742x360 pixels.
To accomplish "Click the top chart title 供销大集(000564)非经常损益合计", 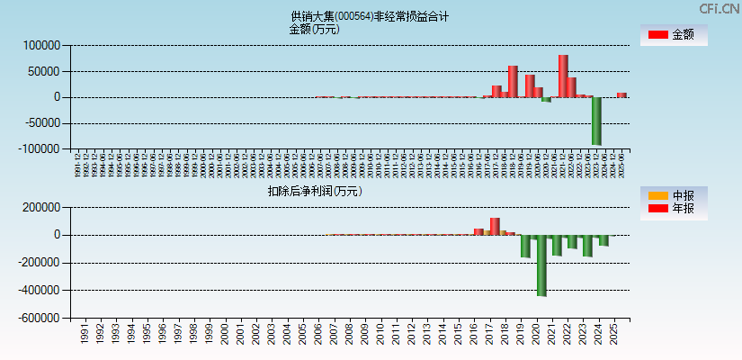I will coord(370,16).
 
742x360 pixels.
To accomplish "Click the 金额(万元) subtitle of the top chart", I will coord(314,29).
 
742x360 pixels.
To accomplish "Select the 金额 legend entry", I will coord(674,35).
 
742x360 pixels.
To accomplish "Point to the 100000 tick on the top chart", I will coord(41,45).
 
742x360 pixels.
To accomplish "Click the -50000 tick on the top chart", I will coord(40,123).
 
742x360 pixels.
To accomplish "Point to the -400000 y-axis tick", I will coord(39,291).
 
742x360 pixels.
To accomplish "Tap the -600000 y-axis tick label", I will coord(39,319).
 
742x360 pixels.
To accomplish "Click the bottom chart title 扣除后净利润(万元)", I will coord(314,191).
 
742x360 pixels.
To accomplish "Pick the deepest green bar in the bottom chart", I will coord(541,265).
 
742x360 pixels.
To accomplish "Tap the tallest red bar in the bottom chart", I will coord(495,226).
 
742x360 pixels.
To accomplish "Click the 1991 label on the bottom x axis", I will coord(84,335).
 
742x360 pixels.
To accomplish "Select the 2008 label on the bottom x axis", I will coord(349,335).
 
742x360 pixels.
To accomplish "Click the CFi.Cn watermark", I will coord(719,8).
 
